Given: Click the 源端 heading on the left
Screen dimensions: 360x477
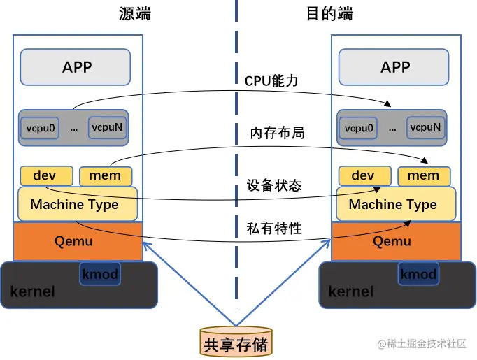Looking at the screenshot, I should pos(134,13).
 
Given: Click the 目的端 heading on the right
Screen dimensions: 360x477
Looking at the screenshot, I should pos(329,13).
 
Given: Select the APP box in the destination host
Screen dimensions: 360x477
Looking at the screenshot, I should pos(395,67).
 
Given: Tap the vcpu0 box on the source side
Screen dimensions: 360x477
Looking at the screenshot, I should pos(42,128).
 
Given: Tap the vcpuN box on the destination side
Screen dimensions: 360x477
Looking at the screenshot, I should pos(425,127).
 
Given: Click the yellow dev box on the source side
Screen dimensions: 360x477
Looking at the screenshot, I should pos(45,175).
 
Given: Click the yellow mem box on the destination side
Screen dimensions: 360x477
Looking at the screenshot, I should pos(423,175).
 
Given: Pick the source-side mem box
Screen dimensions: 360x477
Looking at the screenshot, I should pos(105,175).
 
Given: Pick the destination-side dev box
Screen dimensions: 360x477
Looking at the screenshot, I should pos(363,175).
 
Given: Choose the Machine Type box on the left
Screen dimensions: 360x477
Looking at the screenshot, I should pos(75,205).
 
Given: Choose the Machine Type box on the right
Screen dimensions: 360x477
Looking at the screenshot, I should pos(393,205).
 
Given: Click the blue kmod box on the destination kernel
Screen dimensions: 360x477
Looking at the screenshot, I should pos(418,274).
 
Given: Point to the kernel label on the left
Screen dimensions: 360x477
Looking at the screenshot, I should pos(32,291).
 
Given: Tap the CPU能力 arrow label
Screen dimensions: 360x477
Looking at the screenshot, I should pos(271,81).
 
